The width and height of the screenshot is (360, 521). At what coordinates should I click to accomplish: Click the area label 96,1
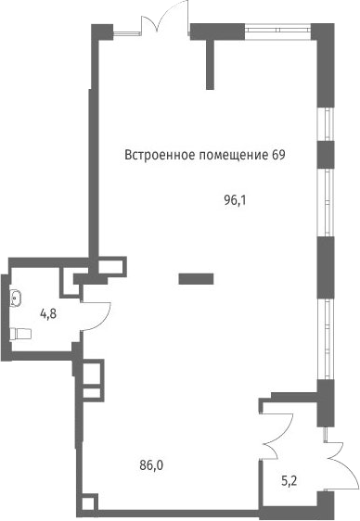235,200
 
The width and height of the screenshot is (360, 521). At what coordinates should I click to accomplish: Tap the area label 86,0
151,466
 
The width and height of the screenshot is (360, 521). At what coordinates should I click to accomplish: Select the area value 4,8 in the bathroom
48,313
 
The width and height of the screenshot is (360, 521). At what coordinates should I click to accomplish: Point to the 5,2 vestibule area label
289,481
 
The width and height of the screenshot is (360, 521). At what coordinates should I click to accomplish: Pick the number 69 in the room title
278,155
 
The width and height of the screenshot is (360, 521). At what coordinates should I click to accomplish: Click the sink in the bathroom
15,298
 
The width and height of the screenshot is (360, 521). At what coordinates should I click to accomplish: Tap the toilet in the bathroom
20,334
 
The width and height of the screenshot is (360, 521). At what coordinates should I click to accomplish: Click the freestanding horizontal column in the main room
196,279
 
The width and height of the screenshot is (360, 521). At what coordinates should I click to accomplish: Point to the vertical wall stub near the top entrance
210,65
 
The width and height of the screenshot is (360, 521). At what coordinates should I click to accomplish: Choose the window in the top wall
278,30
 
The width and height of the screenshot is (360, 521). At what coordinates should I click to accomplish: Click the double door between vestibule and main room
276,436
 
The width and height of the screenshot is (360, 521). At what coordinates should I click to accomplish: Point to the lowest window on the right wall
325,339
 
